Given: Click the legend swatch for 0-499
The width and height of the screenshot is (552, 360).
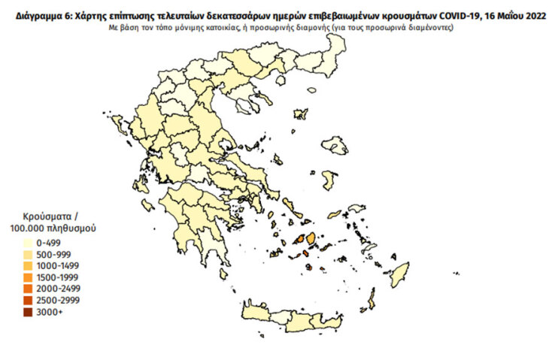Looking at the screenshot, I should (x=28, y=243).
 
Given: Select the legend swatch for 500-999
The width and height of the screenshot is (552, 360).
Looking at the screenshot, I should (x=28, y=254).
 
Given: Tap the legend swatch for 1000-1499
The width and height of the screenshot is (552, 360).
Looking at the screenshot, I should (x=28, y=265).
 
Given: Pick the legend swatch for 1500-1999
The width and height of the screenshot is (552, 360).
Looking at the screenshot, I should (x=28, y=277).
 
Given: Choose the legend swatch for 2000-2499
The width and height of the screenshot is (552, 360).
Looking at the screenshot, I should (x=28, y=289).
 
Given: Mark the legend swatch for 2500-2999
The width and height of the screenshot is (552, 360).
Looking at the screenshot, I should (x=28, y=300).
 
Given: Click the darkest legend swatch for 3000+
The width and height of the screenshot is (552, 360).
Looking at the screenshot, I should (x=28, y=311).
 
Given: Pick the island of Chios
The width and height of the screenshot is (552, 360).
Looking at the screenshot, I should (x=328, y=180).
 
